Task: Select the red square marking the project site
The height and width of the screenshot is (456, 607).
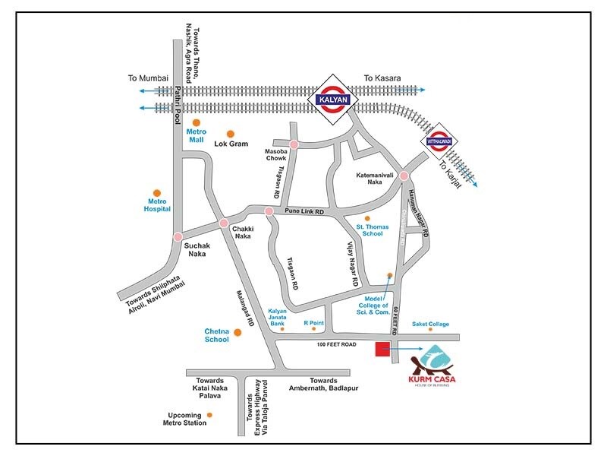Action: coord(382,349)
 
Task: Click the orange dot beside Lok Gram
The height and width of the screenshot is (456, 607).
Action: coord(220,134)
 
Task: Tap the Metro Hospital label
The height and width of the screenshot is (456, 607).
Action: coord(157,204)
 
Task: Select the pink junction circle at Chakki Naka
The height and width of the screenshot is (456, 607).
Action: coord(223,223)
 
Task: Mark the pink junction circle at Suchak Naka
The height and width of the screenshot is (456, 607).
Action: coord(178,236)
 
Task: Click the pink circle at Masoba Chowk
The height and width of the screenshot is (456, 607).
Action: coord(294,144)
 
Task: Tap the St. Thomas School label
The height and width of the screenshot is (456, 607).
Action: coord(373,230)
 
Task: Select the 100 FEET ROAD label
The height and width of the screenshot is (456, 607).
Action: coord(338,345)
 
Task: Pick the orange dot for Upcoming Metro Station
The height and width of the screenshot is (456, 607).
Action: coord(210,414)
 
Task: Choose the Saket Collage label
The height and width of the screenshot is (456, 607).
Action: coord(430,325)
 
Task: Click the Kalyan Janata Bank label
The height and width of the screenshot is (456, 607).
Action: coord(281,316)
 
